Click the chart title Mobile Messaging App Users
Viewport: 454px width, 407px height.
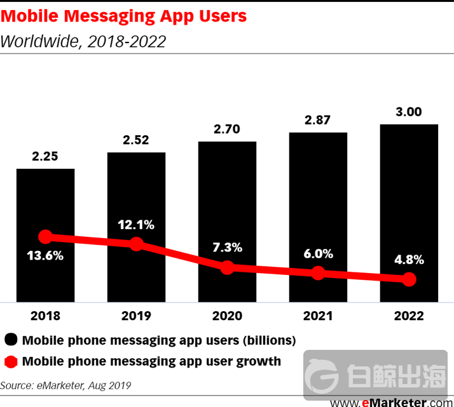tap(123, 15)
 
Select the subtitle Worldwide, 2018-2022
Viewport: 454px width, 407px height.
tap(83, 41)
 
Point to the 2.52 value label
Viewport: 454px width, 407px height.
tap(136, 140)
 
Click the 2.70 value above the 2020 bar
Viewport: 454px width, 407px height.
tap(227, 129)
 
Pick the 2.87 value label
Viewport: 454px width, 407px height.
tap(318, 120)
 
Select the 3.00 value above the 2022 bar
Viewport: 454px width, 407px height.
tap(409, 112)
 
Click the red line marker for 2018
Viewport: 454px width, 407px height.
tap(45, 237)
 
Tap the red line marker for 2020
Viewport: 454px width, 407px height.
tap(227, 267)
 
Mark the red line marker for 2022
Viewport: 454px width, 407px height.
tap(409, 279)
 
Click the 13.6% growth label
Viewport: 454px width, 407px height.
tap(45, 257)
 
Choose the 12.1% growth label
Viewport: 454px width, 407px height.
tap(136, 225)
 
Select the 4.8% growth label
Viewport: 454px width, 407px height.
tap(409, 260)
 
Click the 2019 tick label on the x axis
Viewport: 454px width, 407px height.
tap(136, 316)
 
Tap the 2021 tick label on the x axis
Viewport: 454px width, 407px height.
tap(318, 316)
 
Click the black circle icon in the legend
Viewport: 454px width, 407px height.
tap(11, 340)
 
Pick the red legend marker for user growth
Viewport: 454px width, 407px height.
tap(11, 362)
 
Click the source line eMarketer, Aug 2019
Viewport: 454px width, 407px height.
tap(65, 385)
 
